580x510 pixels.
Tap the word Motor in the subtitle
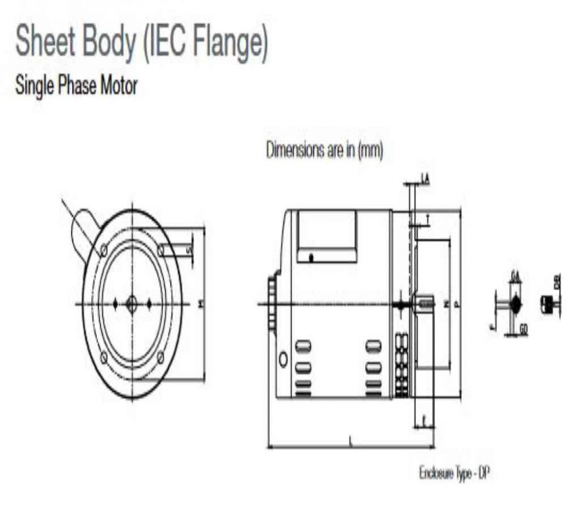119,86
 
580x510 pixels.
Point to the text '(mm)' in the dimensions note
371,150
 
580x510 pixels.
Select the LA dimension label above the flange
425,180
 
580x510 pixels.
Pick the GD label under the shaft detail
523,330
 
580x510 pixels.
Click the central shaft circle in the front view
132,303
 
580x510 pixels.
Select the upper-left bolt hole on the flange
103,250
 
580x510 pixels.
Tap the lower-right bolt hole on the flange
161,357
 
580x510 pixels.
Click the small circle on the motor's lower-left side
283,359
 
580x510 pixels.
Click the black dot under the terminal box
311,258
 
